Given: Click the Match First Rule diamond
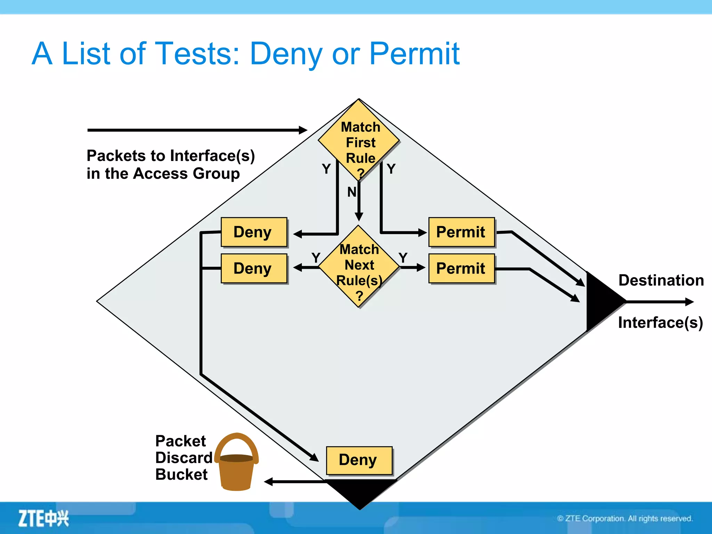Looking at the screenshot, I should [x=359, y=141].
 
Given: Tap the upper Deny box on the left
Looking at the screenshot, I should [x=254, y=232].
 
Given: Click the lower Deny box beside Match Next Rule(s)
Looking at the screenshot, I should [x=254, y=268].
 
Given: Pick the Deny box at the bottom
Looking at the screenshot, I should [x=359, y=460].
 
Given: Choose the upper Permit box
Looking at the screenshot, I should [x=461, y=232].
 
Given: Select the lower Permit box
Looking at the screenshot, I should [x=461, y=268].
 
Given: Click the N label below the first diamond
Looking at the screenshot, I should [x=352, y=192].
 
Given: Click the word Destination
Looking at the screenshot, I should [x=661, y=280].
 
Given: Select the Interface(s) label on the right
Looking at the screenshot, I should [x=660, y=323].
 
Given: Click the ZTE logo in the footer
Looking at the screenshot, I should [x=43, y=518].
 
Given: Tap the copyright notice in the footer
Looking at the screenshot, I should [x=625, y=519].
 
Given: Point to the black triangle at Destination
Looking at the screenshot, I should [x=601, y=301].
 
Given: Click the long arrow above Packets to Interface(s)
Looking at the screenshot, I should [x=197, y=130].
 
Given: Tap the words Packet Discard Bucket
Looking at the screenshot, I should [x=183, y=458].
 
